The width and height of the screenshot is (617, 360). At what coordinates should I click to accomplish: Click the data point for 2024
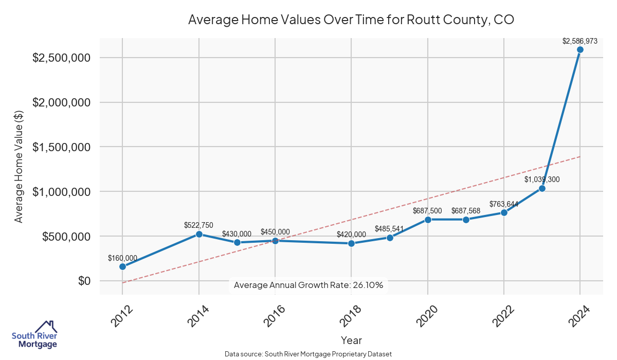click(x=580, y=50)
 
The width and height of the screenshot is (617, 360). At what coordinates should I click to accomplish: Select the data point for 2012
click(x=122, y=266)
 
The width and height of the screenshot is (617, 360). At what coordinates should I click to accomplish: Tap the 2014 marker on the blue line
click(x=199, y=234)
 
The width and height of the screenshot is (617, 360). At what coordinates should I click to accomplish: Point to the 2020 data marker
click(x=428, y=220)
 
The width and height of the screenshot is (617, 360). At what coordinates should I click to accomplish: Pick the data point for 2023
click(x=542, y=188)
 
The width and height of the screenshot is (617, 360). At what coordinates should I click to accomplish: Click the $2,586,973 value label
click(x=579, y=41)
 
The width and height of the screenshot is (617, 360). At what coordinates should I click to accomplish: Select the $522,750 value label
click(x=198, y=225)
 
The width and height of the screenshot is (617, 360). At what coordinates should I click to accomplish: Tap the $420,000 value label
click(x=351, y=235)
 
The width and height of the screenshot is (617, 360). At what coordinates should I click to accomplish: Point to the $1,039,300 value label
click(x=542, y=179)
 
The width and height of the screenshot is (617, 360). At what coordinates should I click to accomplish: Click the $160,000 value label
click(x=122, y=258)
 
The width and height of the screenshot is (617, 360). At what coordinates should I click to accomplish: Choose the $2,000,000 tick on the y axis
click(x=62, y=102)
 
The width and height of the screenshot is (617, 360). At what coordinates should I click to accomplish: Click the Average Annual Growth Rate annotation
click(x=308, y=285)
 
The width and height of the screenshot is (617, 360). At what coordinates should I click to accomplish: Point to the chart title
click(x=351, y=20)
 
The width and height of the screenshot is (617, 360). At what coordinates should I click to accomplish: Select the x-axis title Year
click(x=351, y=340)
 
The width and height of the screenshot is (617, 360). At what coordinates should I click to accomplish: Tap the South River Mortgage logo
click(x=34, y=335)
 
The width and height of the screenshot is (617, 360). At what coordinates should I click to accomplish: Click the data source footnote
click(x=308, y=354)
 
